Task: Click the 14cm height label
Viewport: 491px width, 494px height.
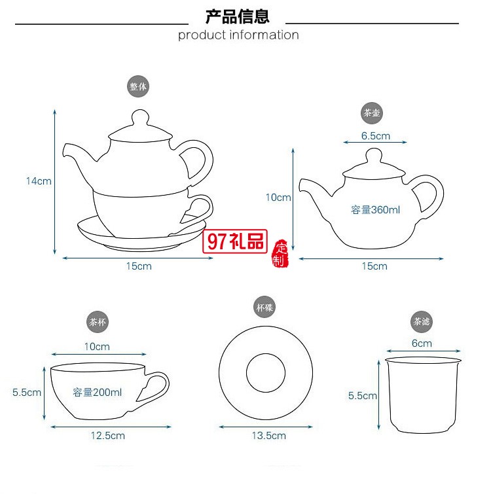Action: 39,181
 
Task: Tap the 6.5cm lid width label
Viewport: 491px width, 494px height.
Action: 375,136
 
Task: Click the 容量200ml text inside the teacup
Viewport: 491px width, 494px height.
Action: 98,393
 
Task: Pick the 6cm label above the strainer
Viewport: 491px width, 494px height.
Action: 422,343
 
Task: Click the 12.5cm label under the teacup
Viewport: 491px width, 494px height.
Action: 109,435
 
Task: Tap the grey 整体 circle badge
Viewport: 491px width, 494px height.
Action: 138,86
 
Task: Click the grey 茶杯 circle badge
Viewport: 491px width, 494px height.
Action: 98,322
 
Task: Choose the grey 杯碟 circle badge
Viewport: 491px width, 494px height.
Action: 264,306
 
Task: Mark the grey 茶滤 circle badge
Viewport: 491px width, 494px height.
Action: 422,322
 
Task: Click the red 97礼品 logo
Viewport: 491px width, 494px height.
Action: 236,241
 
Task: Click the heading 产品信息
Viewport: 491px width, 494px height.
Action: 237,16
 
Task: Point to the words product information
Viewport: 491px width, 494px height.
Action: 238,35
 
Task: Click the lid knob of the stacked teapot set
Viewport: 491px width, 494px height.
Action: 139,118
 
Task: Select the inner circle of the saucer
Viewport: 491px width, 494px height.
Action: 265,373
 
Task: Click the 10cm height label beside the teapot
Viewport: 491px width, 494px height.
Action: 278,197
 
